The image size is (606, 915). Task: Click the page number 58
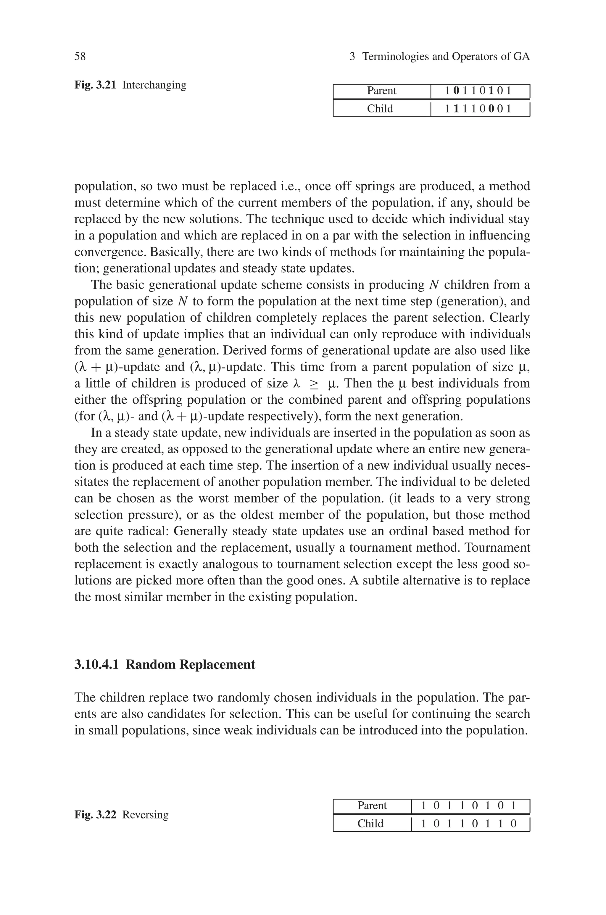point(80,57)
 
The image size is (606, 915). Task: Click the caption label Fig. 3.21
point(95,85)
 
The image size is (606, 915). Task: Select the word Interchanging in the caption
point(154,85)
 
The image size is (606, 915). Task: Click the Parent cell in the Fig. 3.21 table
point(381,91)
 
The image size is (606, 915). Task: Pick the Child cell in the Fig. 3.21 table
point(380,109)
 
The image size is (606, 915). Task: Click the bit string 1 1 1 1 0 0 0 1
point(478,109)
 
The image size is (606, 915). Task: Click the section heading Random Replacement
point(191,665)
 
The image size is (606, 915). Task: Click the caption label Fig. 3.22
point(95,815)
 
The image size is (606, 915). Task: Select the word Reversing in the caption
point(145,815)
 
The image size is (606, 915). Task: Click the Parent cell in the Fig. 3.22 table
point(372,805)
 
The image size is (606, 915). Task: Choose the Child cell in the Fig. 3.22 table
point(370,824)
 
